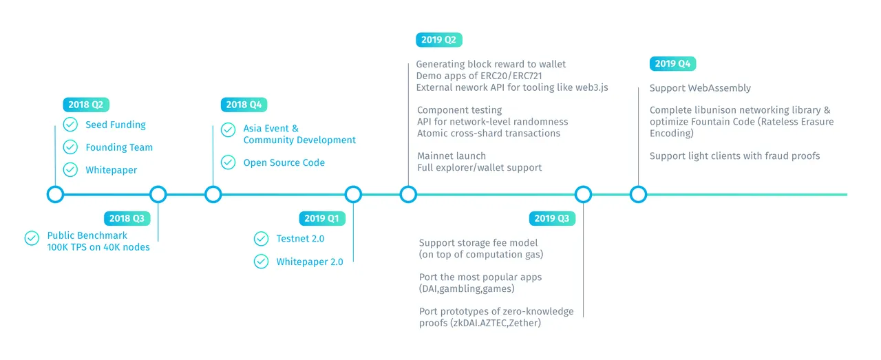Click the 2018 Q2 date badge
coord(86,105)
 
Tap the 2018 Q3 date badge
coord(127,218)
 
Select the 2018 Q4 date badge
coord(244,105)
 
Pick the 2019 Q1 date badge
coord(322,218)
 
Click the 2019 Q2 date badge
coord(439,40)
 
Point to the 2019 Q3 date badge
coord(552,218)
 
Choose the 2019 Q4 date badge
coord(672,64)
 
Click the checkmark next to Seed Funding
coord(70,125)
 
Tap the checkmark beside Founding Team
coord(70,147)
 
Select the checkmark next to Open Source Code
coord(228,162)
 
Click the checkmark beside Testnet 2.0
coord(261,238)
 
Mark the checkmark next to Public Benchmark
coord(32,238)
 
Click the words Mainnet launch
coord(452,156)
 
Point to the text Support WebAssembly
coord(700,87)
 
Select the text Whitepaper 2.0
coord(310,262)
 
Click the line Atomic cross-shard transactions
coord(489,134)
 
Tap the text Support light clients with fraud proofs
coord(734,156)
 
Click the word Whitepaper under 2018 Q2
coord(112,170)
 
